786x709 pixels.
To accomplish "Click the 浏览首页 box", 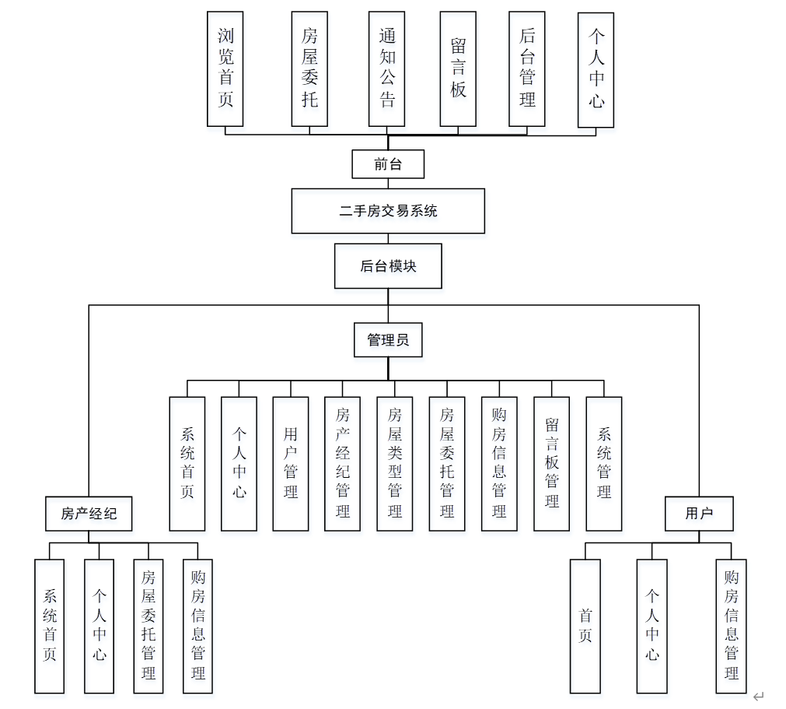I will point(225,68).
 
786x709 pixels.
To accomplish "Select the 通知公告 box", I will point(387,68).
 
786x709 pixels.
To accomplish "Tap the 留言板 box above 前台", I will point(458,68).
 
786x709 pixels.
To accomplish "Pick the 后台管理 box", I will point(527,68).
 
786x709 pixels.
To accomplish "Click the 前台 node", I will point(388,164).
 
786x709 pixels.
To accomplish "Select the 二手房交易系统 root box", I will point(388,211).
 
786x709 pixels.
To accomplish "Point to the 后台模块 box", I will point(388,266).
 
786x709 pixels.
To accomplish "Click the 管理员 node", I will point(388,340).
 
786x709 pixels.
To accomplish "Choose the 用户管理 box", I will point(291,464).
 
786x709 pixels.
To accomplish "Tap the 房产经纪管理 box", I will point(342,464).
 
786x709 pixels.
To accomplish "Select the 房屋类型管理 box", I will point(395,464).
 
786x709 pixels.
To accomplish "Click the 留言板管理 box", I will point(552,464).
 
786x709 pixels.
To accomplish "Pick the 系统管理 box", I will point(604,464).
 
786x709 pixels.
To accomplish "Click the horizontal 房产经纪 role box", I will point(88,514).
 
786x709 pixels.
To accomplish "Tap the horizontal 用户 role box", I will point(699,514).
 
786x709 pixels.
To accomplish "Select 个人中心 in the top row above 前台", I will point(596,68).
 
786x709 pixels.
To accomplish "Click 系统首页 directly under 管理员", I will point(187,464).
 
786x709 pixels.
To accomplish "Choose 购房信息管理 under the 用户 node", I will point(731,626).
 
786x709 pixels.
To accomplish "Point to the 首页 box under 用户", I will point(585,626).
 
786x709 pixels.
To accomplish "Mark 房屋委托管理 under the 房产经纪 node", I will point(148,626).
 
